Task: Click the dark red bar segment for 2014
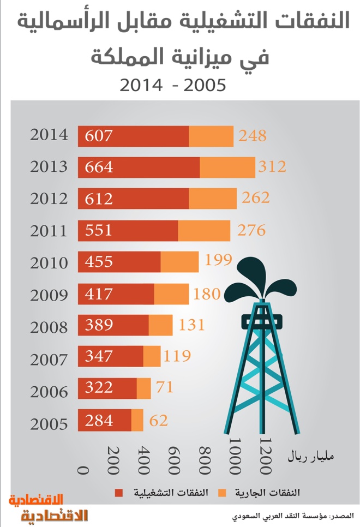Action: pos(133,136)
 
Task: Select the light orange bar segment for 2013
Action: pos(227,167)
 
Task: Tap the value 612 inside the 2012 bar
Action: pos(99,199)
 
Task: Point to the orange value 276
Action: pos(251,230)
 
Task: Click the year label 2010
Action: pos(49,263)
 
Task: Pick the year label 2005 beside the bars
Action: pos(49,424)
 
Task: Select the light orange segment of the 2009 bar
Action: pos(171,294)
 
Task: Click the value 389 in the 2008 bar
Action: pos(99,326)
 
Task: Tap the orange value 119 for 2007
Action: pos(177,357)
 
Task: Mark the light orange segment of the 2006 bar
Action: pos(143,388)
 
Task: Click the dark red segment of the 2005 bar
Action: pos(104,420)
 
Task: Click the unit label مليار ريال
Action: pos(310,457)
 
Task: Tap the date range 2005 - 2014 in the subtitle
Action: pos(172,85)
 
